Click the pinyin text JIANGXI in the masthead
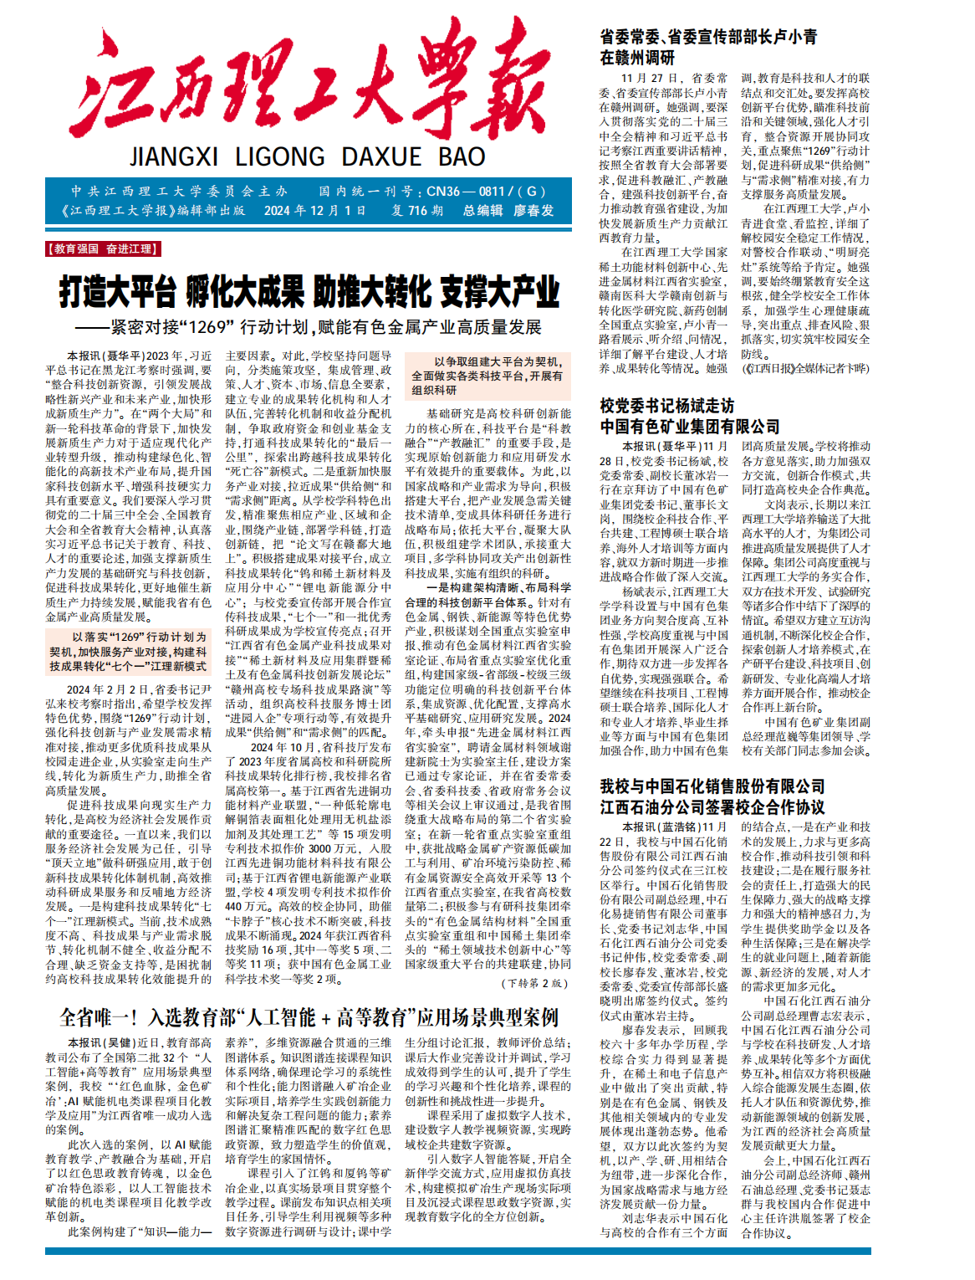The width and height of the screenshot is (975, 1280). (x=174, y=157)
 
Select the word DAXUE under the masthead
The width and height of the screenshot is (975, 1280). (x=381, y=157)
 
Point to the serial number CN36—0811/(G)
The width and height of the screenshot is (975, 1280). (x=486, y=191)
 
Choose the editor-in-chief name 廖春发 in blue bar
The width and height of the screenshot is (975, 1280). (x=533, y=211)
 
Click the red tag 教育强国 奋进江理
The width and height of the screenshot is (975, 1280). (x=102, y=248)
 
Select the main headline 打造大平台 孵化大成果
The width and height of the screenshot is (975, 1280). (x=309, y=292)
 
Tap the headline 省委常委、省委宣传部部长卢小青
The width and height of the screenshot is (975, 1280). (x=708, y=37)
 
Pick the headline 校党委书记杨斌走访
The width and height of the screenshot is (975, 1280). (x=666, y=406)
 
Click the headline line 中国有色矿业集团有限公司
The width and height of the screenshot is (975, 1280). (x=689, y=427)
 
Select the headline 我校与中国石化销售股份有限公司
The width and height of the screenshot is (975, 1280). (x=712, y=786)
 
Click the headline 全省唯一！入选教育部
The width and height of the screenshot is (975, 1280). (x=309, y=1017)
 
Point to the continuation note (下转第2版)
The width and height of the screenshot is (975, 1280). (x=535, y=983)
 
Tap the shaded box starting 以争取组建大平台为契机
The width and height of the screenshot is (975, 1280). (x=487, y=376)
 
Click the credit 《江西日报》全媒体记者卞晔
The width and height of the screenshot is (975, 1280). (x=805, y=368)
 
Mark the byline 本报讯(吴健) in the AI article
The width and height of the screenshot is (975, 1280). (x=102, y=1042)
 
